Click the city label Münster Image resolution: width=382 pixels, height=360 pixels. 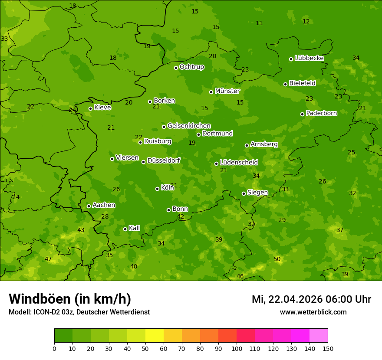tap(227, 91)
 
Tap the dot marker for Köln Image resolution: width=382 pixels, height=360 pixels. tap(157, 189)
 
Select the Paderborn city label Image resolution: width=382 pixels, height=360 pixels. tap(321, 113)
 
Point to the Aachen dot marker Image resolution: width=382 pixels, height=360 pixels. tap(89, 206)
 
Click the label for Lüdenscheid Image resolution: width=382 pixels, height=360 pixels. tap(239, 163)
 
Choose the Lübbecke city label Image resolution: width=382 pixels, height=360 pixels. tap(309, 58)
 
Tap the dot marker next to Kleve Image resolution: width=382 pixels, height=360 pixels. tap(90, 108)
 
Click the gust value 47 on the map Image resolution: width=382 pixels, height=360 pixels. tap(48, 259)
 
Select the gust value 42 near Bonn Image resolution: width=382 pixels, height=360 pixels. tap(181, 217)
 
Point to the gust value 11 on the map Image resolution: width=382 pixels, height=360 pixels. tap(259, 23)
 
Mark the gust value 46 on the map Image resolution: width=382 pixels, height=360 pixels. tap(240, 277)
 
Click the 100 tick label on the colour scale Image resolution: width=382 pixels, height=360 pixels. tap(237, 348)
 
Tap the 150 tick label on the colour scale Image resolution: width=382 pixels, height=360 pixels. tap(328, 348)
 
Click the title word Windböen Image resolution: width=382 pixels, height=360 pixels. tap(40, 299)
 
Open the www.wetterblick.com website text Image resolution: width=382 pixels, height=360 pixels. tap(313, 312)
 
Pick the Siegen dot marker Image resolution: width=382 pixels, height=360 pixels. tap(244, 193)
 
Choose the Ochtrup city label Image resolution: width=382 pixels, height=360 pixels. tap(191, 67)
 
